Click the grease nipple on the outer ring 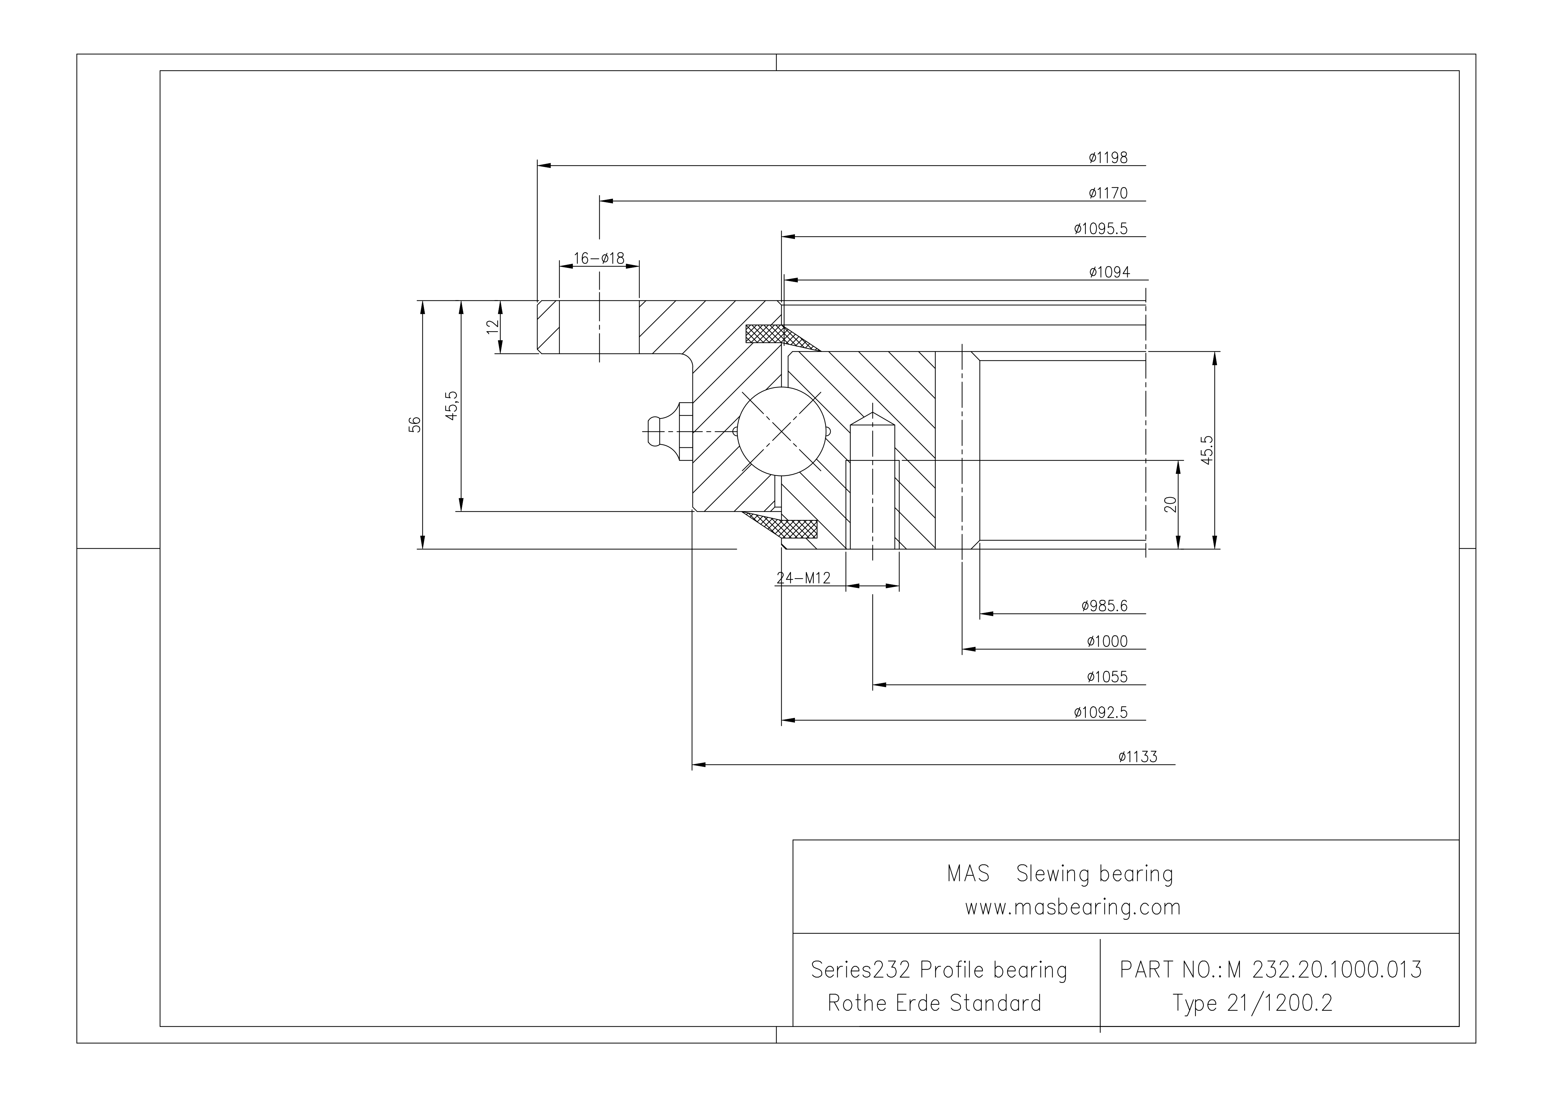[666, 431]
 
